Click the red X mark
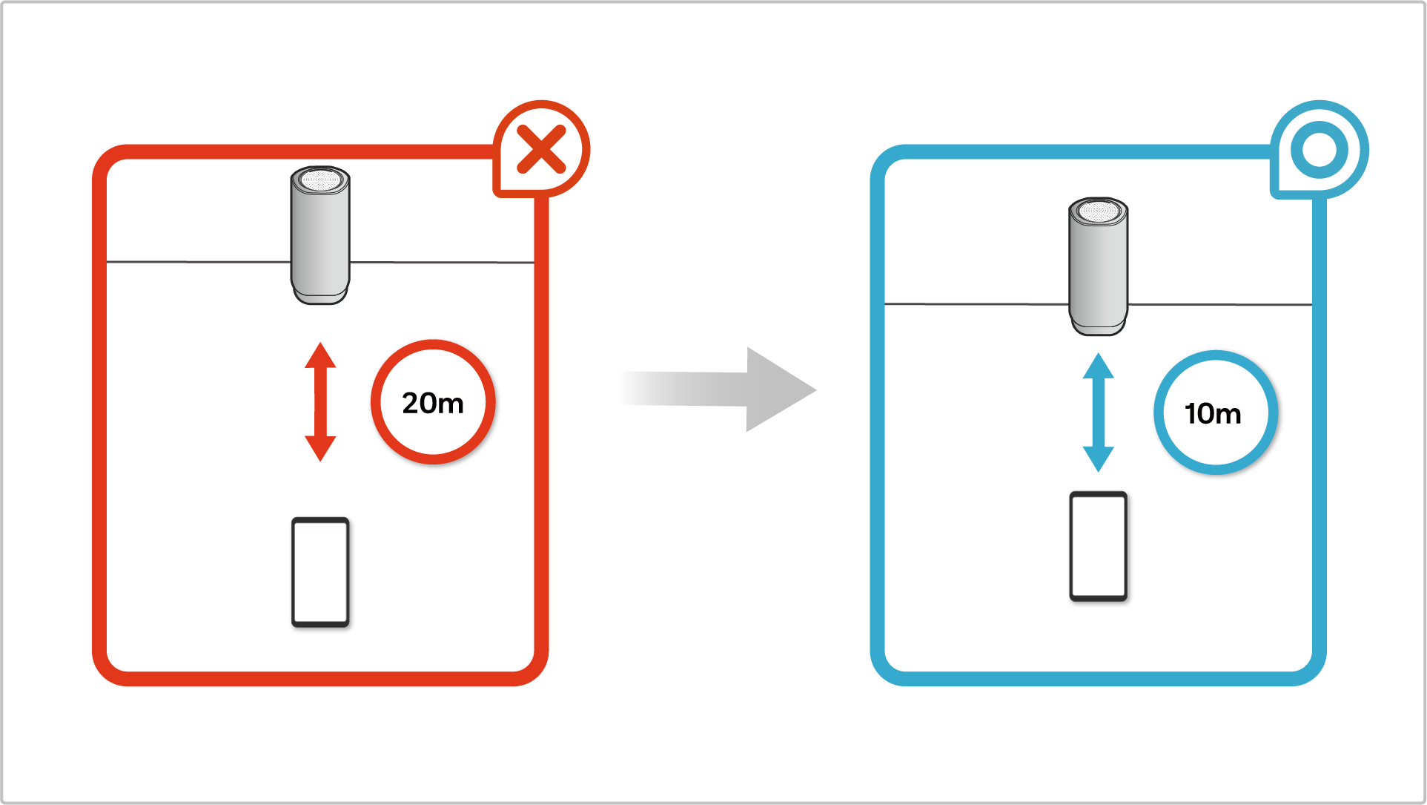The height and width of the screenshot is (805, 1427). pos(541,149)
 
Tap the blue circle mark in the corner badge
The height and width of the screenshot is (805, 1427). pos(1319,150)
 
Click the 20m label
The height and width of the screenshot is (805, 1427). pos(433,403)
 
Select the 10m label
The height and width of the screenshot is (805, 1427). pos(1214,413)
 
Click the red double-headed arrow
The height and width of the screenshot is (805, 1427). pos(320,401)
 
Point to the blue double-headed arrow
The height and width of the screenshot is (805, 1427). pos(1098,413)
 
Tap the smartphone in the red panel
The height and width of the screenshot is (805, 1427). pos(320,572)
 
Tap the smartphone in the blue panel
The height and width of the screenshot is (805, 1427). pos(1098,545)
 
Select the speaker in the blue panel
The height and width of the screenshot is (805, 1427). pos(1098,267)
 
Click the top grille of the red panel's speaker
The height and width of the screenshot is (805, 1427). pos(320,180)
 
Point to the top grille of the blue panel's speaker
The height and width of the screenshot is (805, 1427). pos(1098,211)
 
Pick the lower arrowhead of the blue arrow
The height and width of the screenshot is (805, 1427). pos(1098,458)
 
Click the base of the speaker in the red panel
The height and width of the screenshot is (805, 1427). pos(320,296)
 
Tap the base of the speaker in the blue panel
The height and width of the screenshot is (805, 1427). pos(1098,327)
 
